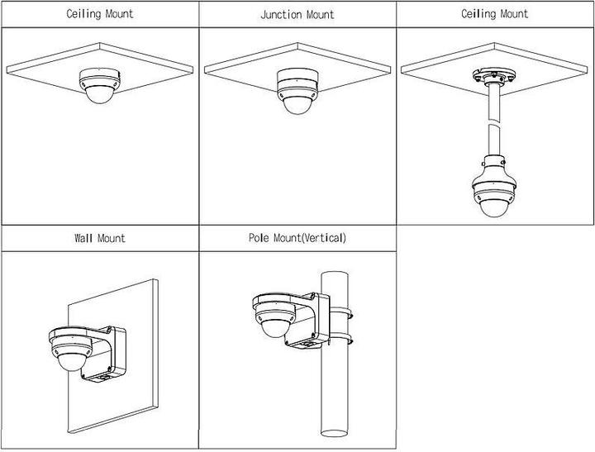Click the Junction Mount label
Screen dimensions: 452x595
[297, 15]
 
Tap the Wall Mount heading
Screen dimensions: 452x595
[99, 238]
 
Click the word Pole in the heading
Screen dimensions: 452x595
[259, 238]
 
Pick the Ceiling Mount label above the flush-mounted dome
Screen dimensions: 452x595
[99, 14]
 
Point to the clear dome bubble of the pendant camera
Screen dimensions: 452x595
[496, 207]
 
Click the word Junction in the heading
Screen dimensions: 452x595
[282, 15]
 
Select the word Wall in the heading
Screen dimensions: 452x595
[84, 238]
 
